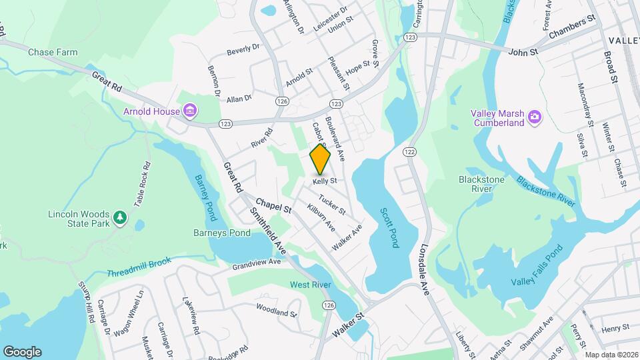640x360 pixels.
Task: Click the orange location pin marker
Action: [320, 159]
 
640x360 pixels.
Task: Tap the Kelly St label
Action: [324, 181]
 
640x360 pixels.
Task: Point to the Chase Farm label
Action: [53, 52]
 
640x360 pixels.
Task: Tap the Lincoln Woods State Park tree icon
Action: [119, 218]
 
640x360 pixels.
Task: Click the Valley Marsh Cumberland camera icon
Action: [534, 117]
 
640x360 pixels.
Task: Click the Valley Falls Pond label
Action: [537, 267]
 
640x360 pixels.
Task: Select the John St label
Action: [522, 51]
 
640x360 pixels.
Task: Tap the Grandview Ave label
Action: [257, 263]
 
